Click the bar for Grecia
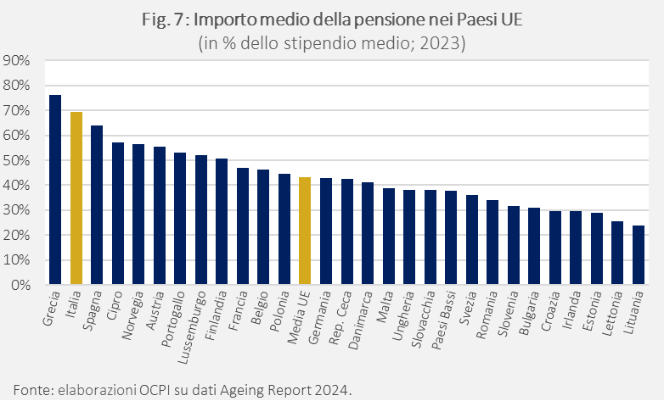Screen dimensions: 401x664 55,190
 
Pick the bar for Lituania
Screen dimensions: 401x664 638,255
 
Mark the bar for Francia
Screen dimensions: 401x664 243,226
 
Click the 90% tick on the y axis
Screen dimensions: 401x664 17,61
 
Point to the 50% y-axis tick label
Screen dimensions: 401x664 17,160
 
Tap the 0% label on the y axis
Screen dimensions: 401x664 20,286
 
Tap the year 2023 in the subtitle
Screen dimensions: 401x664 446,43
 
